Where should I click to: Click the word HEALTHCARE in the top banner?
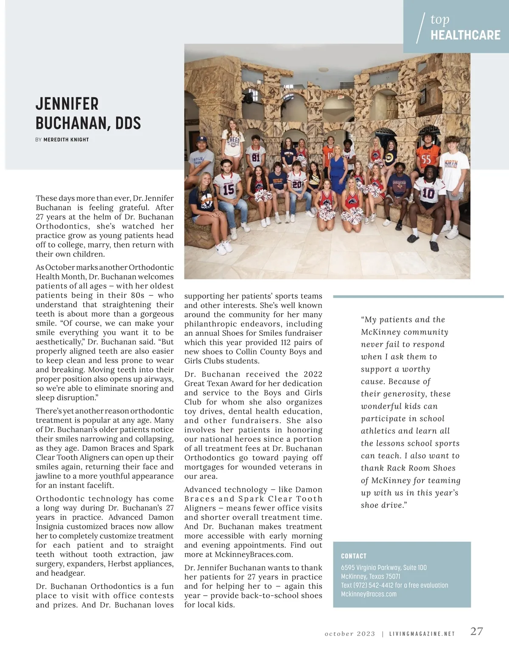pyautogui.click(x=465, y=35)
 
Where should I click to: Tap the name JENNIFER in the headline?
pyautogui.click(x=67, y=104)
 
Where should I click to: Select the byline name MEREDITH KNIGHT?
pyautogui.click(x=66, y=139)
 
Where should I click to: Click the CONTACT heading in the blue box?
pyautogui.click(x=353, y=556)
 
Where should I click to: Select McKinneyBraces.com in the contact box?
pyautogui.click(x=369, y=594)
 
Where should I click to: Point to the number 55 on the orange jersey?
pyautogui.click(x=426, y=160)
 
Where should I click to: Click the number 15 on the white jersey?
pyautogui.click(x=228, y=189)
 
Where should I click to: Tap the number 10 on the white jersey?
pyautogui.click(x=428, y=193)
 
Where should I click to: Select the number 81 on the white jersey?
pyautogui.click(x=255, y=157)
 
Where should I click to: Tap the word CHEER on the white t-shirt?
pyautogui.click(x=233, y=140)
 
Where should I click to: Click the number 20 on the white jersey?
pyautogui.click(x=297, y=185)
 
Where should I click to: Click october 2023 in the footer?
pyautogui.click(x=350, y=634)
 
